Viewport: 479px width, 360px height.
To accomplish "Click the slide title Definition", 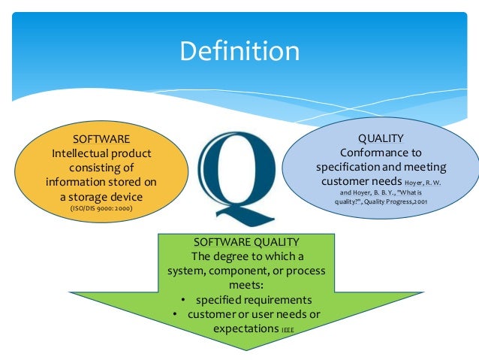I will [239, 51].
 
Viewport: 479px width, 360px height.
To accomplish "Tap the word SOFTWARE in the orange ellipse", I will [101, 139].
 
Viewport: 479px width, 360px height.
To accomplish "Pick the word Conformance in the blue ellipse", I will [365, 153].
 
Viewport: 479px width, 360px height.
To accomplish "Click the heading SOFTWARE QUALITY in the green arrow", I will [239, 241].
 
